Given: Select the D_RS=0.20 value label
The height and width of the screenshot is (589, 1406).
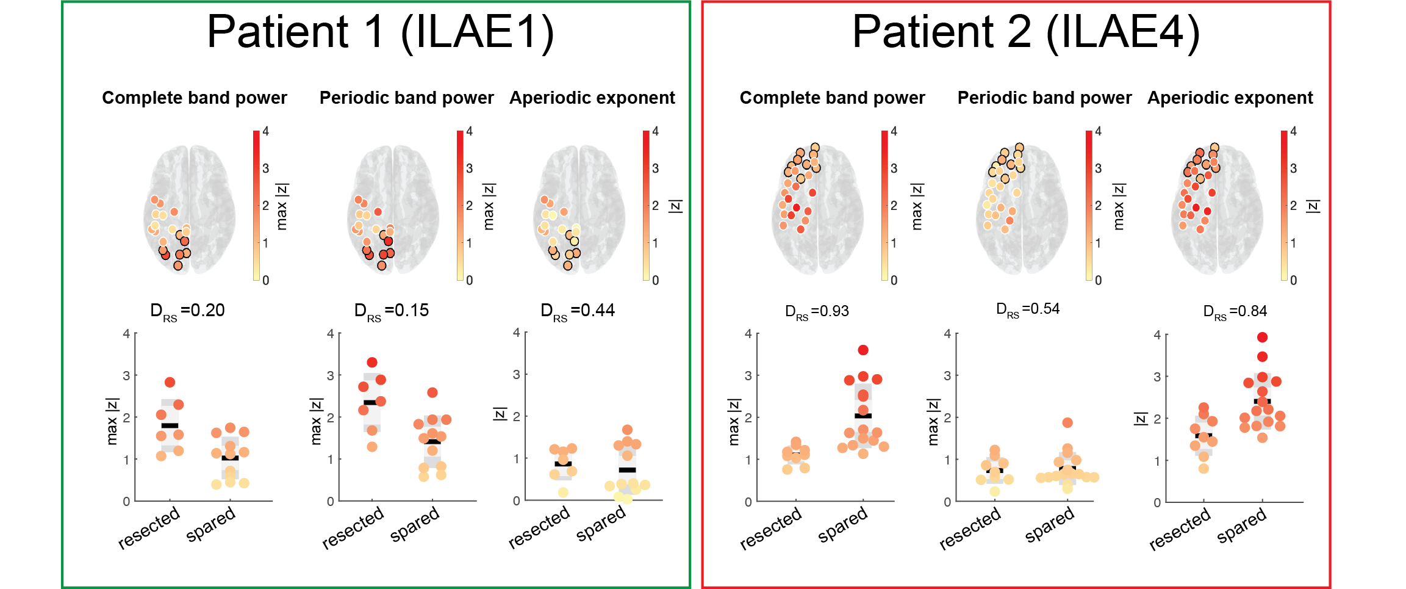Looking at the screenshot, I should pyautogui.click(x=187, y=311).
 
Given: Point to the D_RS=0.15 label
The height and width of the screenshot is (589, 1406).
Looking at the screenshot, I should pyautogui.click(x=391, y=311).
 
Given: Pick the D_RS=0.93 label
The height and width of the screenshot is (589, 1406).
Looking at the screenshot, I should pyautogui.click(x=817, y=311).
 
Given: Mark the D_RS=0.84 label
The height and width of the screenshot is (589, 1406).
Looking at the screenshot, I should pyautogui.click(x=1235, y=311).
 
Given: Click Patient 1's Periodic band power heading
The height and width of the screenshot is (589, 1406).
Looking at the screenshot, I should pyautogui.click(x=406, y=98).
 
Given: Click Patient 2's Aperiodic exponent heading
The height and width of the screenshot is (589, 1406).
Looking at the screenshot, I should pyautogui.click(x=1230, y=98).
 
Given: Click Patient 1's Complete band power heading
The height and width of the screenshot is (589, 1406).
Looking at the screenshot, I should pyautogui.click(x=194, y=98).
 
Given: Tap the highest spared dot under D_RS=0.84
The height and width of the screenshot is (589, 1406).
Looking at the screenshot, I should pyautogui.click(x=1262, y=338).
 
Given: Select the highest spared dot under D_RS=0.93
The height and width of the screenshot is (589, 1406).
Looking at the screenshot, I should pyautogui.click(x=863, y=350).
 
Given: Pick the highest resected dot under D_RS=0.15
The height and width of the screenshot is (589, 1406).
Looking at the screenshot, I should pyautogui.click(x=372, y=363).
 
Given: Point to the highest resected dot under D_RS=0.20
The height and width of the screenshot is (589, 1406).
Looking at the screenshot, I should pyautogui.click(x=170, y=383).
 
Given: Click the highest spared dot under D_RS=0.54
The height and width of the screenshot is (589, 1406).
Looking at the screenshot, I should pyautogui.click(x=1067, y=422).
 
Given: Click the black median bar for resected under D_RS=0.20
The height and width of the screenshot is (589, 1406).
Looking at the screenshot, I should pyautogui.click(x=170, y=425).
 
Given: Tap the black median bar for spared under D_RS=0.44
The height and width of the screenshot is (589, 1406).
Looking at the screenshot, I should pyautogui.click(x=627, y=470).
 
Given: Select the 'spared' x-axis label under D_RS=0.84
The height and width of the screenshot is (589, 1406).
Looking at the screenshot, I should pyautogui.click(x=1241, y=526).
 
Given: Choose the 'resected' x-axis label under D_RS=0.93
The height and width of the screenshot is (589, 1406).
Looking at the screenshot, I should pyautogui.click(x=770, y=528).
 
